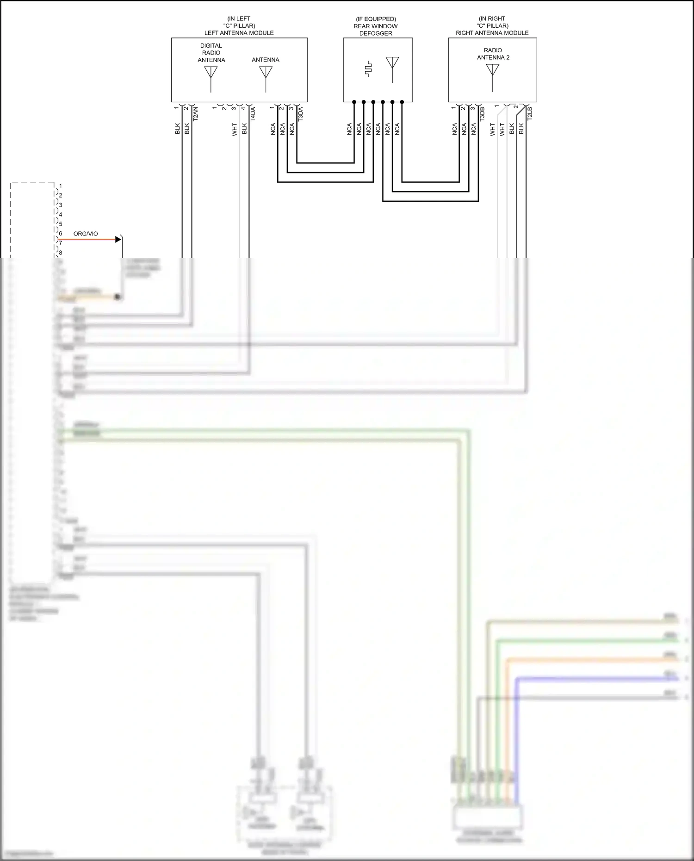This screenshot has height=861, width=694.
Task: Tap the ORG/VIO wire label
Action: point(86,234)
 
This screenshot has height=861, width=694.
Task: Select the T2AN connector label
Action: point(195,114)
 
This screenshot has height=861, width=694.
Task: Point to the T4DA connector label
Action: point(253,114)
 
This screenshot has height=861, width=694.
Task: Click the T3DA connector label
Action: point(300,114)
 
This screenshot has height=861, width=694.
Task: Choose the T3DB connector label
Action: point(482,114)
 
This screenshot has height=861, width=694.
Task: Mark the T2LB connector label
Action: point(530,114)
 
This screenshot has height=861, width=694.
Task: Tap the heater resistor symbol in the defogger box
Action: point(368,69)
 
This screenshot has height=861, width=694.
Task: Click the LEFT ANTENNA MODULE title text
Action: point(239,33)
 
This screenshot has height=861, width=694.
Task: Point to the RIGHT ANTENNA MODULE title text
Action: point(492,33)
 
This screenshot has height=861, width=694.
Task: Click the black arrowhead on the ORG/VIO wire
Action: point(118,240)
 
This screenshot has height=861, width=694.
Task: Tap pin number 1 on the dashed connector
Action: point(60,186)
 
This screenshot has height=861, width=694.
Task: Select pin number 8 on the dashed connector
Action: point(60,253)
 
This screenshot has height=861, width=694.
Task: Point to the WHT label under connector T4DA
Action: point(235,129)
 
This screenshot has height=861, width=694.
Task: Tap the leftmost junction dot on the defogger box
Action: point(354,102)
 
